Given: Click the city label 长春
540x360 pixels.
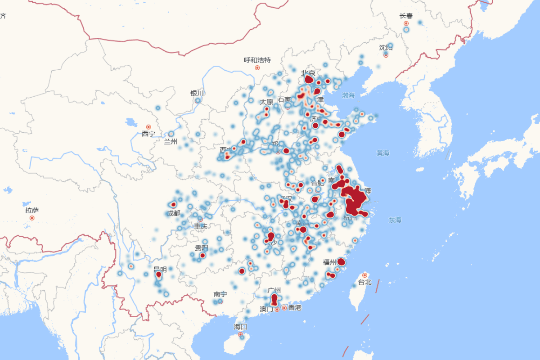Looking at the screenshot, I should coord(405,16).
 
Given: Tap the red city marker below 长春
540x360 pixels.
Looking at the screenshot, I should coord(406,23).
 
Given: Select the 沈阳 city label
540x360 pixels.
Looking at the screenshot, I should coord(385,47).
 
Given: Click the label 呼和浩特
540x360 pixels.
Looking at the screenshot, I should coord(257,60).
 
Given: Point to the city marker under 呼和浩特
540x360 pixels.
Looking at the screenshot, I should coord(257,67).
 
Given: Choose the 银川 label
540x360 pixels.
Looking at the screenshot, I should coord(197,93).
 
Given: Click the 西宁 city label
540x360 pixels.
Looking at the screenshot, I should coord(148,134).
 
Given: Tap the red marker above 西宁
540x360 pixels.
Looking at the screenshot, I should coord(148,127).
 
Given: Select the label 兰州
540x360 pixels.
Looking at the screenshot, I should coord(171,141).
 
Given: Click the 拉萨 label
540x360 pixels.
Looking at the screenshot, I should coord(32,210).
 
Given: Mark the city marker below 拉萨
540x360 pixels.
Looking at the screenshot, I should coord(32,218).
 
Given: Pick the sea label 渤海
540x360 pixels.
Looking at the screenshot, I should coord(348,95).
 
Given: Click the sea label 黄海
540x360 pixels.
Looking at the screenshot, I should coord(383,153).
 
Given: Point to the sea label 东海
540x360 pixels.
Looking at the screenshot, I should coord(395,220).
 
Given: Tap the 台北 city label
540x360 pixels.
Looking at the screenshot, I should coord(364,282).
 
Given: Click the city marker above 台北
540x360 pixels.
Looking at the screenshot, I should coord(364,275).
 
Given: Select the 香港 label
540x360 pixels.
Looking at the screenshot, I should coord(295,308).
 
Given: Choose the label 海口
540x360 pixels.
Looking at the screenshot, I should coord(240,327).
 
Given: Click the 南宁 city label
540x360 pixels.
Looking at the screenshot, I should coord(220,294).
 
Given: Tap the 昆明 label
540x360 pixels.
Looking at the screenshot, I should coord(160,270).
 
